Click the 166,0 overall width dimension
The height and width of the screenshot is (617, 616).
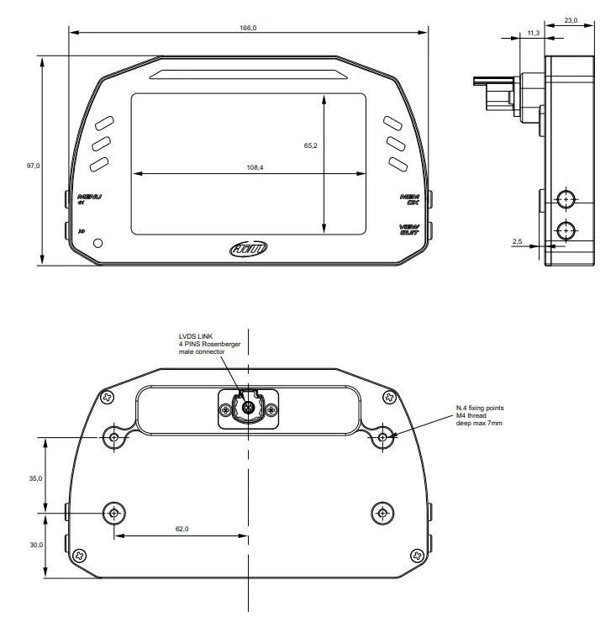pyautogui.click(x=248, y=28)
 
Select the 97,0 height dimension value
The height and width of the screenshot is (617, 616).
pyautogui.click(x=33, y=166)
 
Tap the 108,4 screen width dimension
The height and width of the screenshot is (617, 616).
pyautogui.click(x=255, y=167)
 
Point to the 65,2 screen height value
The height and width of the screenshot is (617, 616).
pyautogui.click(x=310, y=145)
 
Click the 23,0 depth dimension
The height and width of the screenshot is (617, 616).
pyautogui.click(x=571, y=20)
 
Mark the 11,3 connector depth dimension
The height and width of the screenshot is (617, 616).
pyautogui.click(x=533, y=32)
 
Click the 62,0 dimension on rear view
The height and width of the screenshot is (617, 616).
pyautogui.click(x=182, y=529)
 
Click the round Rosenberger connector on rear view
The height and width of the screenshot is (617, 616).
pyautogui.click(x=249, y=409)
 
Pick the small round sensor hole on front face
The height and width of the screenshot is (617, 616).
pyautogui.click(x=99, y=243)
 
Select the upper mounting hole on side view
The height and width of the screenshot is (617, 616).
pyautogui.click(x=566, y=199)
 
